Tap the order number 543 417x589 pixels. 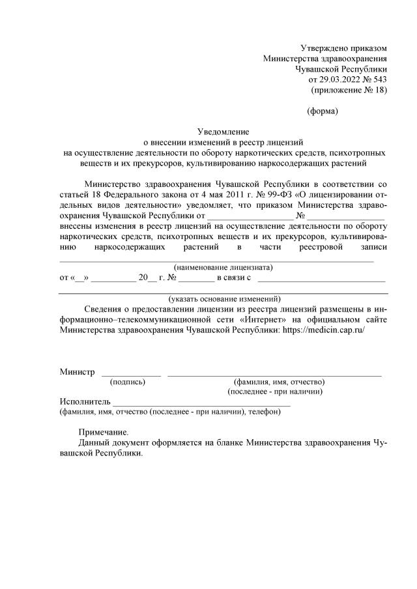coord(379,79)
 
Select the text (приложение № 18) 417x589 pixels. coord(350,89)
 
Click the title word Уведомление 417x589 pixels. coord(223,132)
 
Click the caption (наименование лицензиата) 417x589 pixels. coord(223,267)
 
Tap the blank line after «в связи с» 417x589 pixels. coord(322,278)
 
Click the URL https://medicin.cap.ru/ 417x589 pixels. coord(322,330)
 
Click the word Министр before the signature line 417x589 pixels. coord(77,371)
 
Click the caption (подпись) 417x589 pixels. coord(128,382)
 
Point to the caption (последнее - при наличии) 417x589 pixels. coord(275,392)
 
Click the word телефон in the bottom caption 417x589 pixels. coord(264,412)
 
